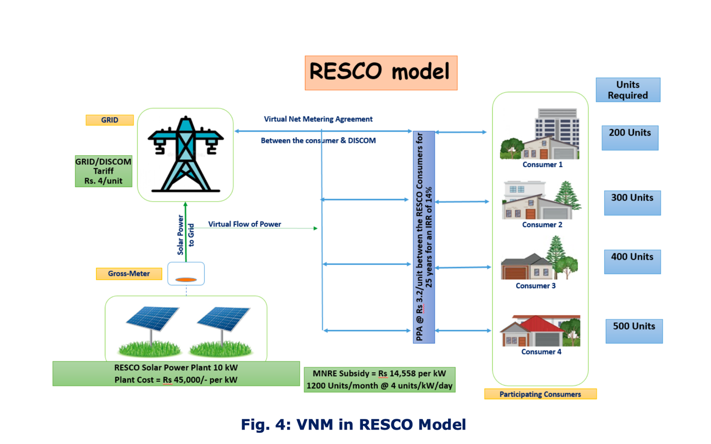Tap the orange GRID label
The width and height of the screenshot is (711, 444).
click(110, 120)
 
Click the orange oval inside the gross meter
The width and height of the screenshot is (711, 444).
click(187, 279)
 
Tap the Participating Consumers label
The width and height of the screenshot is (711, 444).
click(540, 394)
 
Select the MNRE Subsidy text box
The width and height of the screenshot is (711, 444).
click(379, 380)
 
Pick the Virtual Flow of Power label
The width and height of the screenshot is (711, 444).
click(245, 224)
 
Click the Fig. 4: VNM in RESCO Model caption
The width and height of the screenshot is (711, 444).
click(353, 424)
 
